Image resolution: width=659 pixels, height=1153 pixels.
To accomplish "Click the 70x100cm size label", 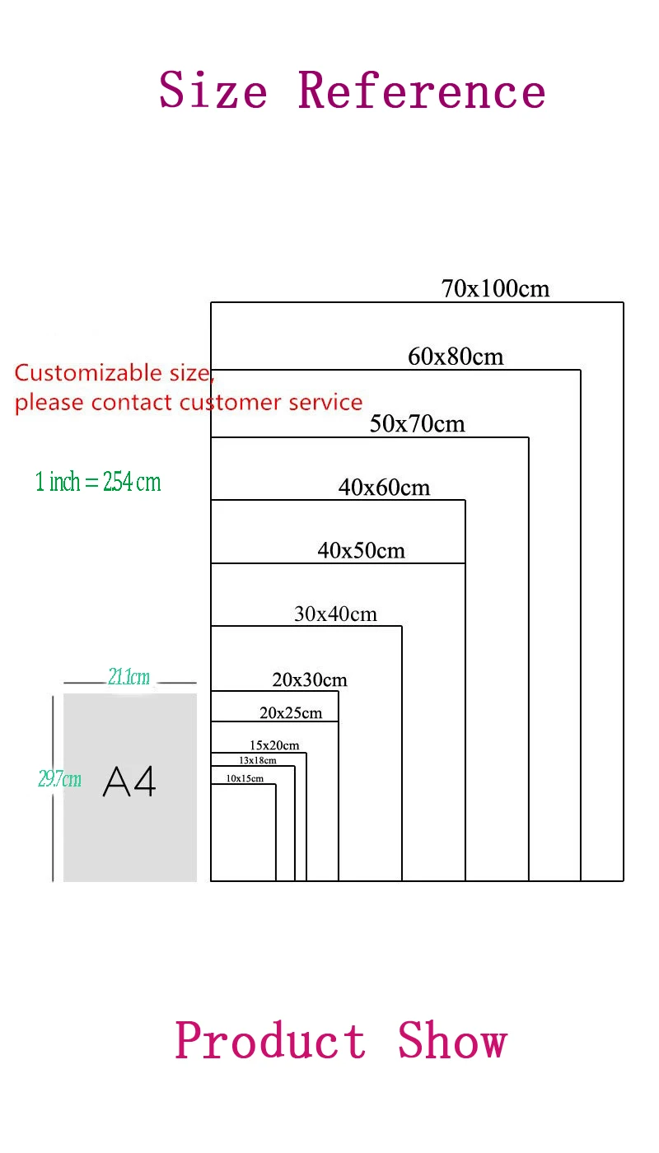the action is pos(495,289).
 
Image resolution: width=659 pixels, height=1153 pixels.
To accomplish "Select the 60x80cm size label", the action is pos(456,357).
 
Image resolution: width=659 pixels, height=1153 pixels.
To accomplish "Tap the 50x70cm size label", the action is pos(418,424).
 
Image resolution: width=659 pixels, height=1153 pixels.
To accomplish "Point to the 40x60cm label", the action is pos(384,488).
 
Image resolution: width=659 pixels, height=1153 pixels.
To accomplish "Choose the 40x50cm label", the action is pos(362,550).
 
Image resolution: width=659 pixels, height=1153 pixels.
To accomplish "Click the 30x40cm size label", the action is pos(335,614).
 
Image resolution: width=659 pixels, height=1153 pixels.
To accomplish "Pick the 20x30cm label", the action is pos(310,679).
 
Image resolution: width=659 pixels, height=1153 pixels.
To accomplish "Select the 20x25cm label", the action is pos(291,712).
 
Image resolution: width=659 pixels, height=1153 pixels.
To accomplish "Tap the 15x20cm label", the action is pos(274,745).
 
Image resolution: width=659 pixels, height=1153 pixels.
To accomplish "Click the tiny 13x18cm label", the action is pos(258,760).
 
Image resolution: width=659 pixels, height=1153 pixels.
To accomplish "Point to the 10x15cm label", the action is pos(245,778).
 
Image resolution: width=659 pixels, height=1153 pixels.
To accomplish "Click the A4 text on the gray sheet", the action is pos(129,782).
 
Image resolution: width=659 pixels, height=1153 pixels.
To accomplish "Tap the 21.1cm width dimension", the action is pos(129,677).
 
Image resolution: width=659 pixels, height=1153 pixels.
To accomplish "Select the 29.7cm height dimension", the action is pos(59,778).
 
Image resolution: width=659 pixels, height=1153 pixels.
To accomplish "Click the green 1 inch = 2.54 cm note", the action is pos(98,482).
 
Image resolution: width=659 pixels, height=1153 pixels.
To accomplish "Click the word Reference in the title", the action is pos(421,90).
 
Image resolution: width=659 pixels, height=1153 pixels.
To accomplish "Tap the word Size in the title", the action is pos(213,90).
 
